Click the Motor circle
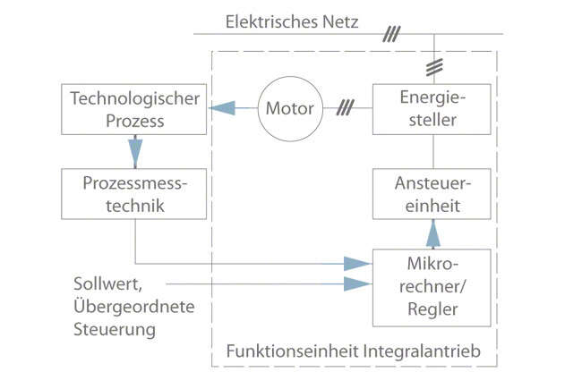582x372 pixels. pos(289,110)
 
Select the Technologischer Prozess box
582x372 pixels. pos(134,109)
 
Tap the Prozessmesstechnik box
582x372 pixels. pos(134,194)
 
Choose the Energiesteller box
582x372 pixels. pos(433,109)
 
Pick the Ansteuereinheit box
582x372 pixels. pos(433,194)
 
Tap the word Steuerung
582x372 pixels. pos(115,328)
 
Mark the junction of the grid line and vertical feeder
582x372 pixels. pos(433,35)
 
